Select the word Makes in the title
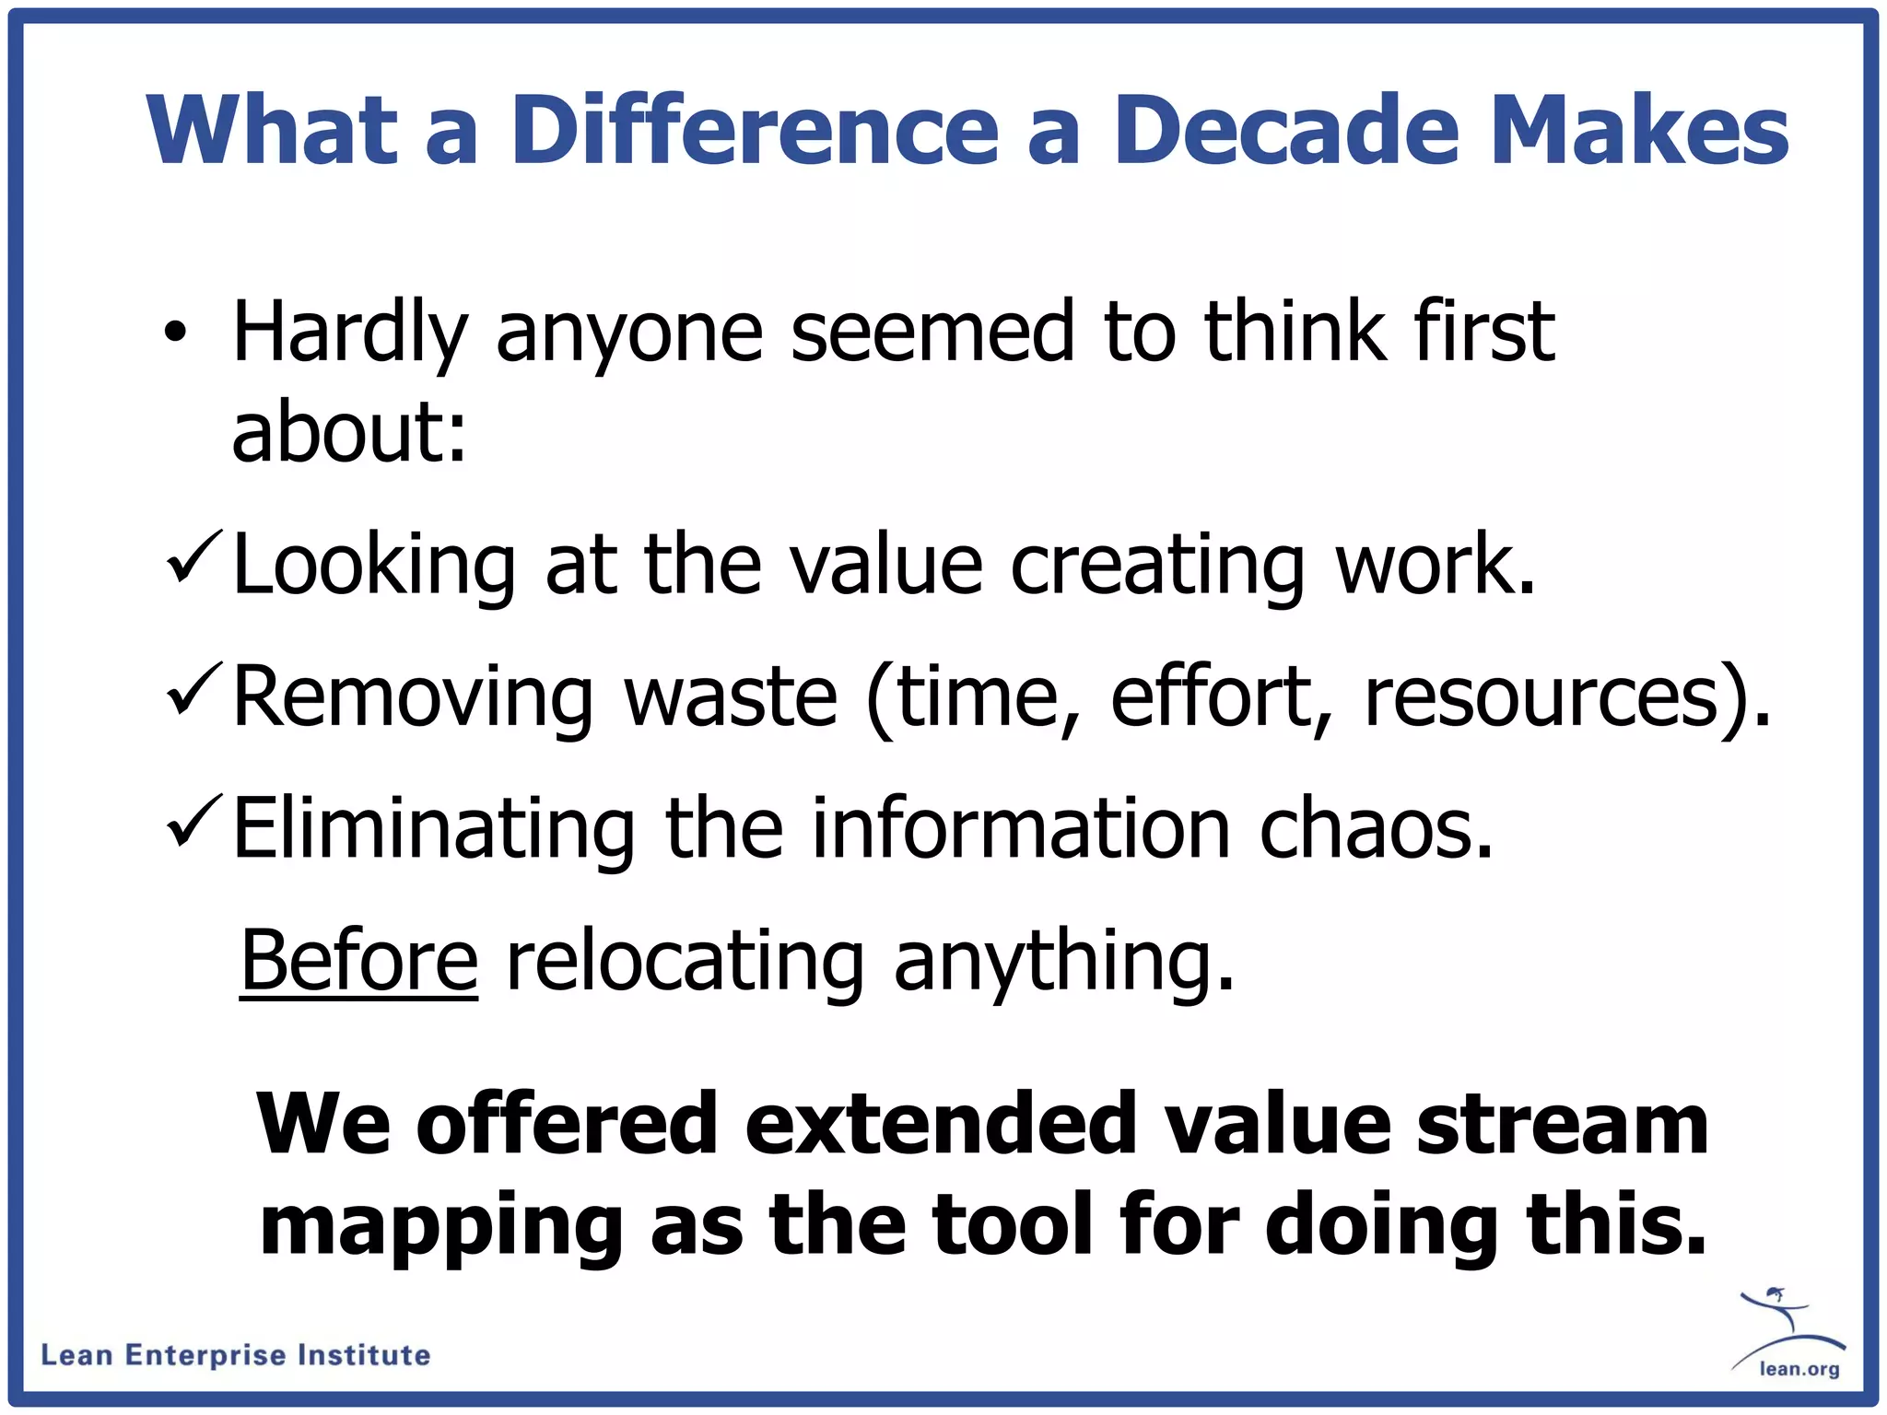click(1638, 130)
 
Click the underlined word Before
click(359, 960)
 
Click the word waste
click(731, 696)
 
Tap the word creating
click(1156, 566)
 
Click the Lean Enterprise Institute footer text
click(236, 1355)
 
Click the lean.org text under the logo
click(1799, 1369)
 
